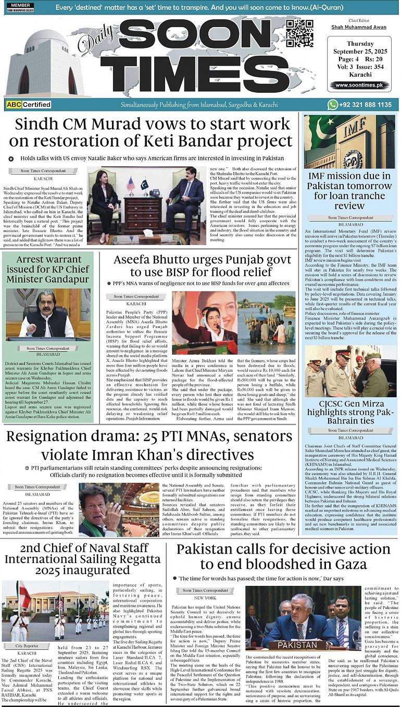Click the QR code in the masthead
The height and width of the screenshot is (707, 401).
(x=299, y=32)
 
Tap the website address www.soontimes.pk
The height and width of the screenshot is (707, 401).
(x=359, y=85)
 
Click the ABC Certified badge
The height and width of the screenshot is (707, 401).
(x=29, y=104)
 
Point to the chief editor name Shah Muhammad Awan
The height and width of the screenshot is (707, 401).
(x=359, y=27)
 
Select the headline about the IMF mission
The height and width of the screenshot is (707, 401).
(x=349, y=191)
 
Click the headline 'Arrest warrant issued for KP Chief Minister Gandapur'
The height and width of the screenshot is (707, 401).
(x=48, y=269)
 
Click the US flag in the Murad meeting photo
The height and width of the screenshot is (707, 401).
(x=130, y=184)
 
